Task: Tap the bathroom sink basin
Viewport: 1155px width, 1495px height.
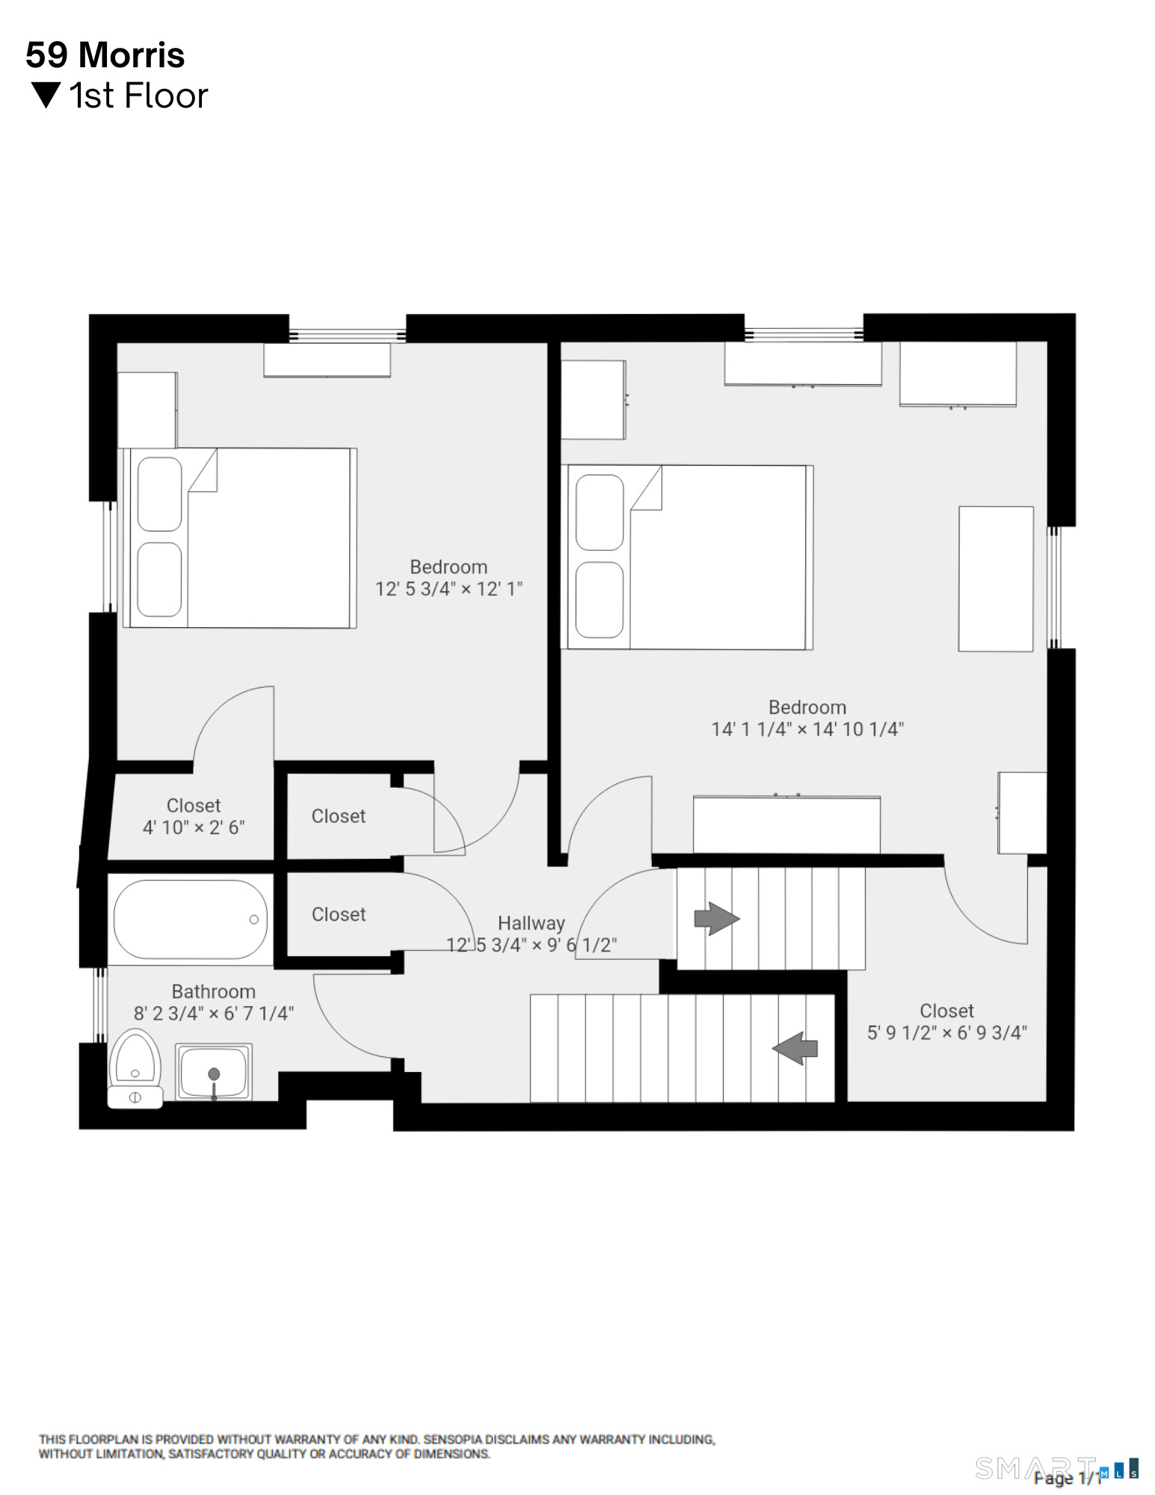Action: coord(214,1071)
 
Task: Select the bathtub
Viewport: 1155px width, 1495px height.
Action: coord(190,919)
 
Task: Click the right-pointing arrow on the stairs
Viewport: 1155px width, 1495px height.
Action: coord(716,918)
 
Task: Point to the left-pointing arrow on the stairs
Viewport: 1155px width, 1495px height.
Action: coord(795,1048)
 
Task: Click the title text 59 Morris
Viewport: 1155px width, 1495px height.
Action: coord(105,55)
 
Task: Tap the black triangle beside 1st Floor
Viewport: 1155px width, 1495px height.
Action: coord(46,95)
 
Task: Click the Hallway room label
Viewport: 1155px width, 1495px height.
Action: coord(531,923)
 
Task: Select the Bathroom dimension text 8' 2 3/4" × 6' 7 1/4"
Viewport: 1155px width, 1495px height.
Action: coord(214,1014)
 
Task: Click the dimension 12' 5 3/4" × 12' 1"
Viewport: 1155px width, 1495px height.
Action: coord(449,589)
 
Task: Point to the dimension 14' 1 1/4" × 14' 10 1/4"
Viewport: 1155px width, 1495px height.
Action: coord(807,730)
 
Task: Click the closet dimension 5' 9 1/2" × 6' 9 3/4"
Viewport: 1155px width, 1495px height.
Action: coord(946,1033)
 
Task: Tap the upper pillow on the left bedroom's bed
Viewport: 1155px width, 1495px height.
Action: coord(160,494)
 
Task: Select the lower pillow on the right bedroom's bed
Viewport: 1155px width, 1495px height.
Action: coord(600,599)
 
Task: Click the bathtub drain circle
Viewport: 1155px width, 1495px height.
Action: coord(253,919)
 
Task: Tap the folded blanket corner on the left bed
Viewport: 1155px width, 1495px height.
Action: coord(203,470)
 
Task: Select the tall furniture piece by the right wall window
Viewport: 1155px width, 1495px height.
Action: coord(996,579)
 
